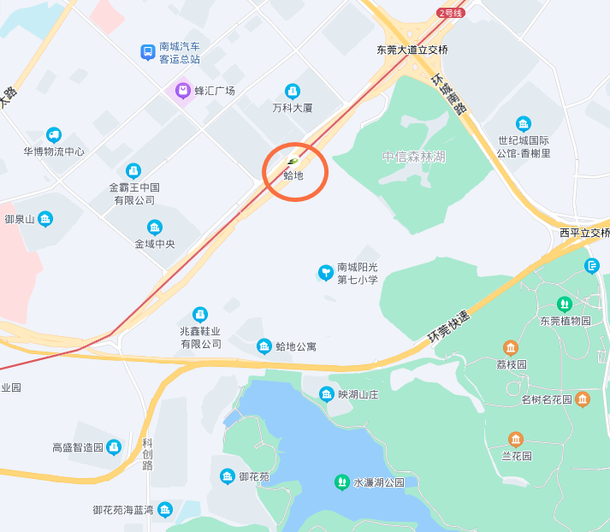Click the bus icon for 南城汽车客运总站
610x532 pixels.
148,53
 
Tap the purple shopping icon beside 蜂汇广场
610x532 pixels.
182,90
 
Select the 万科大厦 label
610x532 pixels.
293,108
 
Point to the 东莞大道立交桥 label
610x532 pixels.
412,50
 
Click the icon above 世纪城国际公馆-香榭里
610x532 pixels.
524,124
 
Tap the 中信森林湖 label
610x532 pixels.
414,157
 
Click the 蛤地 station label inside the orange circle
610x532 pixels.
293,174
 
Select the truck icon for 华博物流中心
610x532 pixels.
54,135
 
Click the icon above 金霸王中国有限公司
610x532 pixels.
133,171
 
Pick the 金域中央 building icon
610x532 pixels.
154,228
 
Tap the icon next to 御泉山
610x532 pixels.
45,219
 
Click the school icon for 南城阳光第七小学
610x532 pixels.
325,273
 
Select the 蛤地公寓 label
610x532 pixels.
296,346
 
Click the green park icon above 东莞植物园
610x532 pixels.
565,304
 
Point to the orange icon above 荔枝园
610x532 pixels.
511,347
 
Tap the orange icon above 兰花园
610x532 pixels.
516,439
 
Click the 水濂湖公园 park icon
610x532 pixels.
341,482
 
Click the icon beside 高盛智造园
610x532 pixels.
113,446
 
